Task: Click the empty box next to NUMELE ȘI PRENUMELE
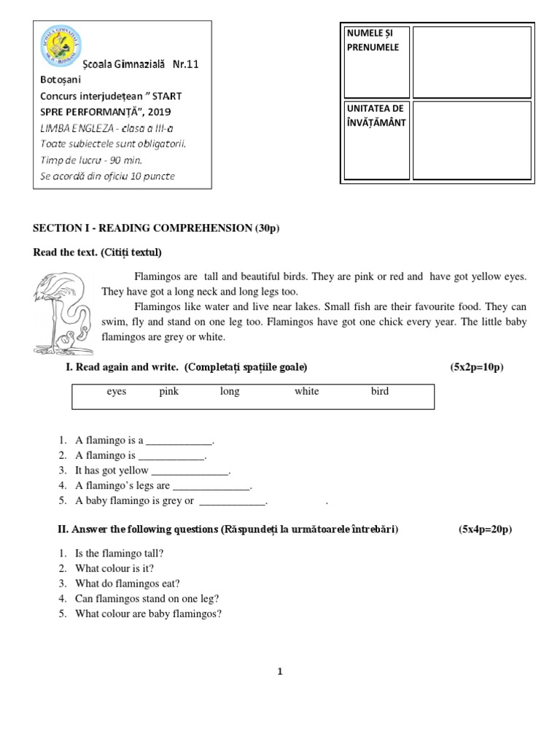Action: (x=472, y=61)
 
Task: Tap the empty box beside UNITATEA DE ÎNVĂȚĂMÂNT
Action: (x=472, y=140)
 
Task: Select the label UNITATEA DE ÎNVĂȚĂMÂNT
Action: (x=375, y=116)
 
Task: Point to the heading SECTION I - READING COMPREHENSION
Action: (x=156, y=228)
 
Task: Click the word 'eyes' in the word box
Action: (x=117, y=392)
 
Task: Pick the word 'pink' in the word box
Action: (x=169, y=392)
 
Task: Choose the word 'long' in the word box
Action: (x=230, y=392)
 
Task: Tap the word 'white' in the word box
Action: (x=306, y=392)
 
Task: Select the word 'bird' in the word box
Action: (x=380, y=392)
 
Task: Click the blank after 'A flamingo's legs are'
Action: (x=211, y=487)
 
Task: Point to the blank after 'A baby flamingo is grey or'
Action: (x=233, y=502)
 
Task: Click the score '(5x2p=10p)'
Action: (x=477, y=367)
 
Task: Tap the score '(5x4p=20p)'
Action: (x=485, y=529)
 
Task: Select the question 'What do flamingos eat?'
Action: (x=127, y=584)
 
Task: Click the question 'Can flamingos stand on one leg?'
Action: (x=147, y=599)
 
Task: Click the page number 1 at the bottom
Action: (x=279, y=672)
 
